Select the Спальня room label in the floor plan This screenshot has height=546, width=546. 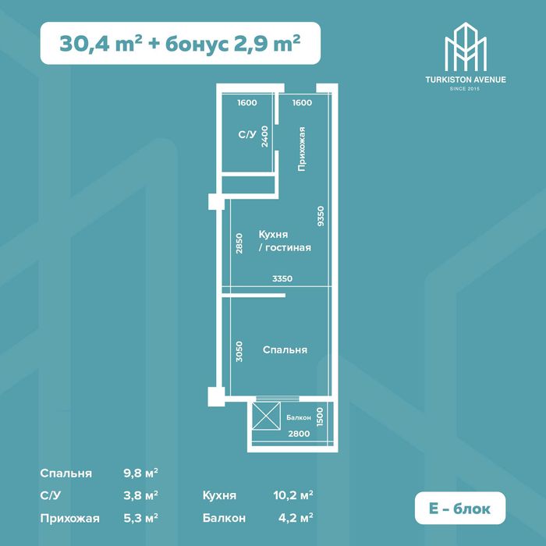(285, 350)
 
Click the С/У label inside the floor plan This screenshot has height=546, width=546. (246, 135)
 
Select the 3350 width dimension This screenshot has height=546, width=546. (282, 278)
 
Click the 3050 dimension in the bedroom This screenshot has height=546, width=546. (239, 350)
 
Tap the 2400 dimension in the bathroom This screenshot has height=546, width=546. (265, 136)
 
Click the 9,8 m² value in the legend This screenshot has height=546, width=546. (140, 473)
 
